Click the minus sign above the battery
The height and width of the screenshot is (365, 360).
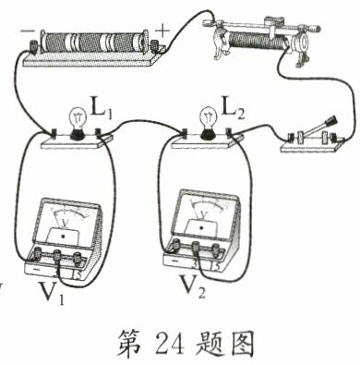tap(26, 31)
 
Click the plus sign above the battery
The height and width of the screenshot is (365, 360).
tap(162, 30)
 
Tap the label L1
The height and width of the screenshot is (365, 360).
tap(102, 111)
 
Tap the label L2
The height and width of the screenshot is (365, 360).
tap(233, 111)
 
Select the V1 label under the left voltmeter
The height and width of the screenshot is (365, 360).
tap(53, 293)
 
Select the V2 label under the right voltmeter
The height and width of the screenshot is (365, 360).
tap(193, 287)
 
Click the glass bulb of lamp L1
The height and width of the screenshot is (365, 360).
tap(78, 118)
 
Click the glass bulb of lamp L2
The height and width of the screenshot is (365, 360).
tap(208, 118)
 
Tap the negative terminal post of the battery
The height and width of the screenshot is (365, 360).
tap(33, 45)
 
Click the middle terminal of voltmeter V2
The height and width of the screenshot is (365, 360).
tap(196, 248)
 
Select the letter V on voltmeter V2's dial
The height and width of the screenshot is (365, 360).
tap(203, 214)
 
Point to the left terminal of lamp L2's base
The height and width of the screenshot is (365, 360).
tap(185, 132)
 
